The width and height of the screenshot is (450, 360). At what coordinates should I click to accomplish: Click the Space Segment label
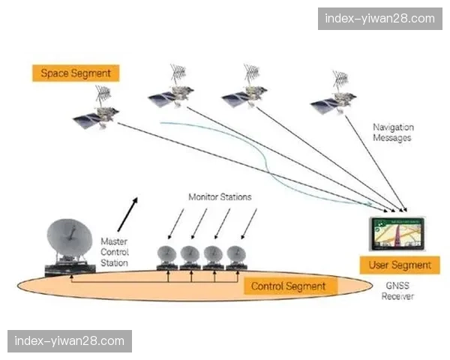(76, 73)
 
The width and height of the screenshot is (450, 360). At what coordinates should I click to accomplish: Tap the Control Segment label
(288, 286)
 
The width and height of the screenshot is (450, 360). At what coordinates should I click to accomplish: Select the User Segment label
(400, 265)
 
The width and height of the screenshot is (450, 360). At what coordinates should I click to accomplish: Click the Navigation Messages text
(393, 133)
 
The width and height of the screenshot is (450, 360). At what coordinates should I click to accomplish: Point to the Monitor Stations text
(220, 197)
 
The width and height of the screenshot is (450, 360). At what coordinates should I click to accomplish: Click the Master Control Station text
(114, 252)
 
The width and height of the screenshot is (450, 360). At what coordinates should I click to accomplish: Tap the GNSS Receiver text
(397, 291)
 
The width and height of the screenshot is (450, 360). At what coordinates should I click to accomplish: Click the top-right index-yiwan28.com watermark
(376, 18)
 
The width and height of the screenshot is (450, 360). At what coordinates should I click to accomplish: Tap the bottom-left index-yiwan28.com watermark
(69, 341)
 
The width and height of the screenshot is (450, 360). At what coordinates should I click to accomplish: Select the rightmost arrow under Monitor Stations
(248, 222)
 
